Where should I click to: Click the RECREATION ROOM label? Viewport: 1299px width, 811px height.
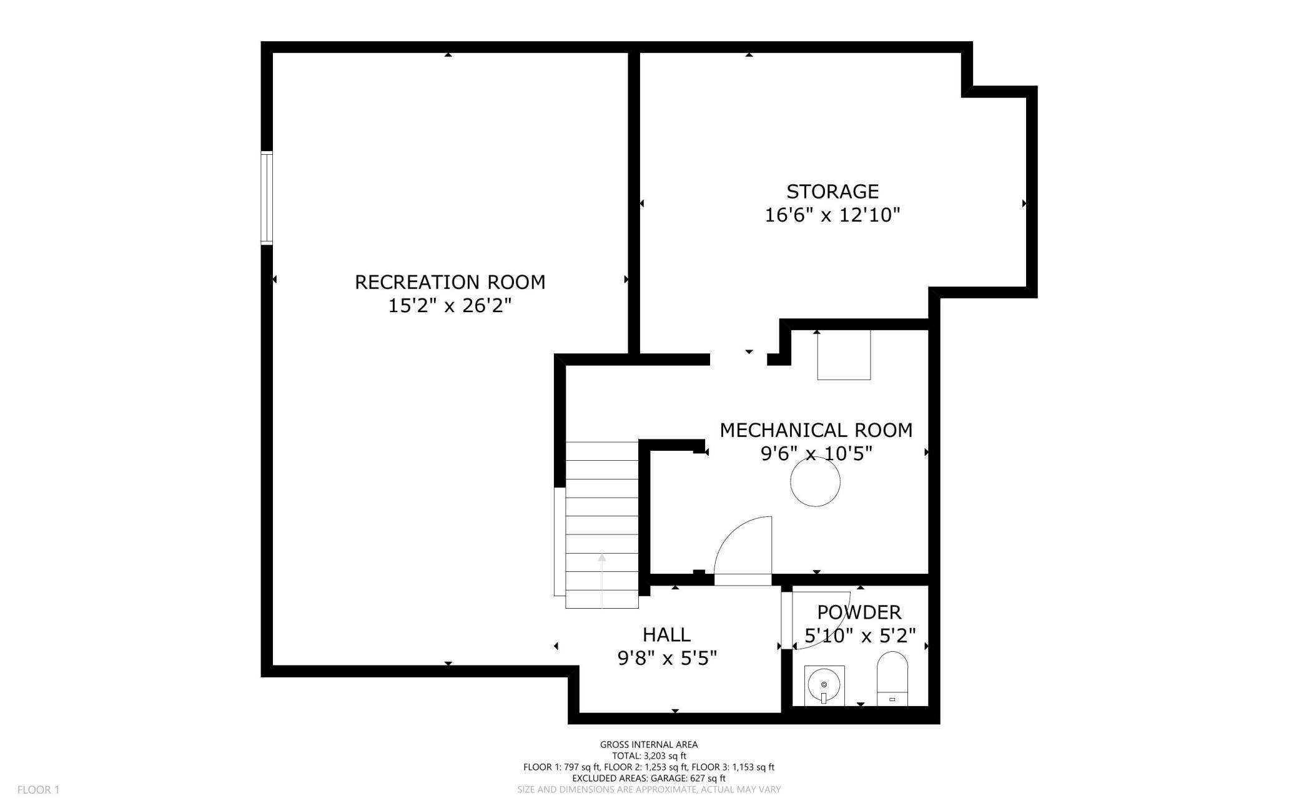(x=450, y=282)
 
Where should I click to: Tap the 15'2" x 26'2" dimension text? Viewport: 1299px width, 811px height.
(x=450, y=306)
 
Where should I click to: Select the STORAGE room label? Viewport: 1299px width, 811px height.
(x=832, y=191)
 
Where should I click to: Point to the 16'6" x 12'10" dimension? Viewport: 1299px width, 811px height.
(x=832, y=215)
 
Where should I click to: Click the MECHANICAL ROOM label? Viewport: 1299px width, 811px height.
(x=816, y=430)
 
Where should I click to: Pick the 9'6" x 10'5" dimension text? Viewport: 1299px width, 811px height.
(x=816, y=454)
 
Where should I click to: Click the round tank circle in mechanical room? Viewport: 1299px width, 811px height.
(x=815, y=481)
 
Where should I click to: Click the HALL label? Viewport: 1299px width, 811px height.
(x=666, y=635)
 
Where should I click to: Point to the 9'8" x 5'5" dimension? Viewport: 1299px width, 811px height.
(x=666, y=659)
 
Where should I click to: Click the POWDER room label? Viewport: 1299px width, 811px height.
(x=859, y=612)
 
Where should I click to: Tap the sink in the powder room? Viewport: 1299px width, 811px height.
(x=824, y=686)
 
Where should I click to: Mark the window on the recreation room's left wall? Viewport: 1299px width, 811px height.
(x=267, y=197)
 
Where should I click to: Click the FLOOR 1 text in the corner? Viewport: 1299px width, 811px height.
(x=38, y=790)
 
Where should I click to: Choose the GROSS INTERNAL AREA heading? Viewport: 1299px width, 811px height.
(x=648, y=744)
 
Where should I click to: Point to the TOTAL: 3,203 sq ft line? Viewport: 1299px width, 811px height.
(x=648, y=755)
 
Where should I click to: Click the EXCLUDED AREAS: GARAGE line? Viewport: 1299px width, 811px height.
(x=648, y=779)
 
